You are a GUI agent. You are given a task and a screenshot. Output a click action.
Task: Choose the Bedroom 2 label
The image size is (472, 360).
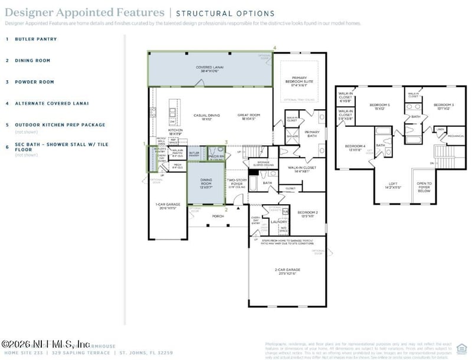[x=307, y=214]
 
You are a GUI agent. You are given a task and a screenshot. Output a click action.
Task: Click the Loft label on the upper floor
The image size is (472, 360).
[x=389, y=185]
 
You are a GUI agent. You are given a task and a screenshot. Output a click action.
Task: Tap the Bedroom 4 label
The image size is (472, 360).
[x=355, y=148]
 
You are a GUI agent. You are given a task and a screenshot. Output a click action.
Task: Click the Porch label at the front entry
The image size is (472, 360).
[x=210, y=217]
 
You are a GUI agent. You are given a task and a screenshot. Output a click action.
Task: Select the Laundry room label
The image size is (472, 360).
[x=278, y=222]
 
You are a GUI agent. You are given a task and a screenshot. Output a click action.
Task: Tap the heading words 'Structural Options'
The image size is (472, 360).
[x=225, y=14]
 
